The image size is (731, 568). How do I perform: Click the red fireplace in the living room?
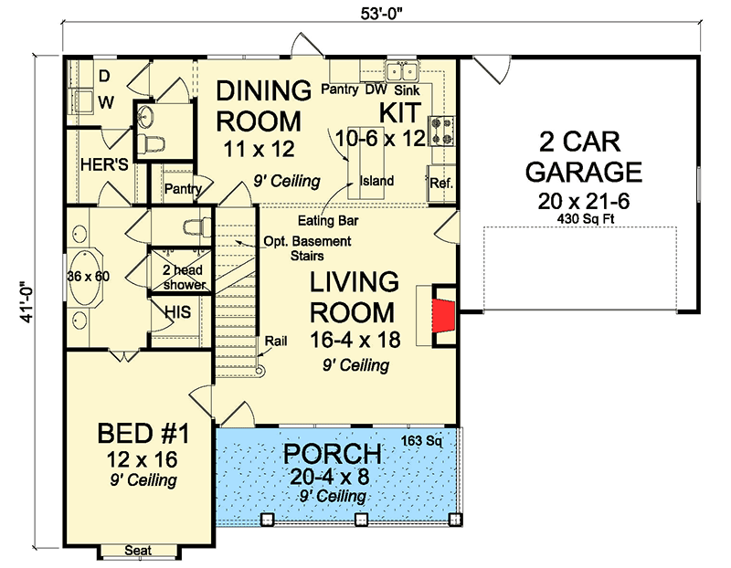(443, 315)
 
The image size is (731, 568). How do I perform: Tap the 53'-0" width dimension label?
(381, 13)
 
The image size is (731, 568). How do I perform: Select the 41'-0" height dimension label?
(27, 301)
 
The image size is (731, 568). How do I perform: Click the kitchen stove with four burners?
(441, 131)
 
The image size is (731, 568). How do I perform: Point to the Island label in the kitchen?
(376, 180)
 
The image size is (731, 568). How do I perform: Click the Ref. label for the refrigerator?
(441, 184)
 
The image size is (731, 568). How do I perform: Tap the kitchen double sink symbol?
(402, 72)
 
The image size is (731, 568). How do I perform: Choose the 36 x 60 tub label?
(88, 277)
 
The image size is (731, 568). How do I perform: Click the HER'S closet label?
(104, 164)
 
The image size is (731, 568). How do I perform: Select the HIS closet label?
(177, 312)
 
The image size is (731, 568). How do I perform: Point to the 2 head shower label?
(184, 278)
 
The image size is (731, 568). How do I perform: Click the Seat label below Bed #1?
(138, 551)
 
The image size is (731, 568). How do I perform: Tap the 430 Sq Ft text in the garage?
(586, 218)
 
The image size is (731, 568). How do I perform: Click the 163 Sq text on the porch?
(422, 440)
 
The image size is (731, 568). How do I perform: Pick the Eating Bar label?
(328, 220)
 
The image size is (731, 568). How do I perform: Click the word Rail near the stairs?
(276, 342)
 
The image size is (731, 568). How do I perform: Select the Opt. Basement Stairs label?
(307, 248)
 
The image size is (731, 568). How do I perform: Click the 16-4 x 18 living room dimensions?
(355, 340)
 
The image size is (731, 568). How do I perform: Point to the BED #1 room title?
(143, 434)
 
